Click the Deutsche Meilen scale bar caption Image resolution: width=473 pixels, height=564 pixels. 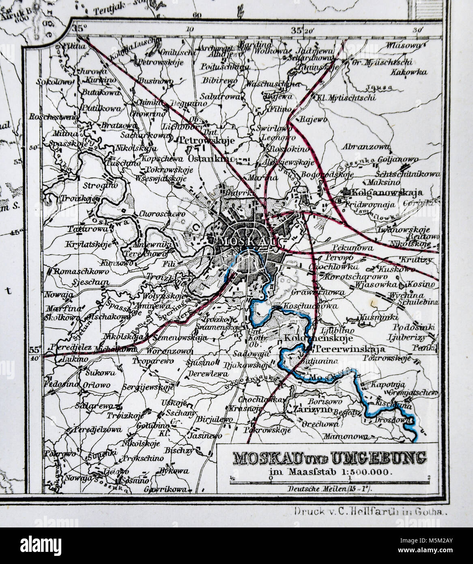coord(330,489)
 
